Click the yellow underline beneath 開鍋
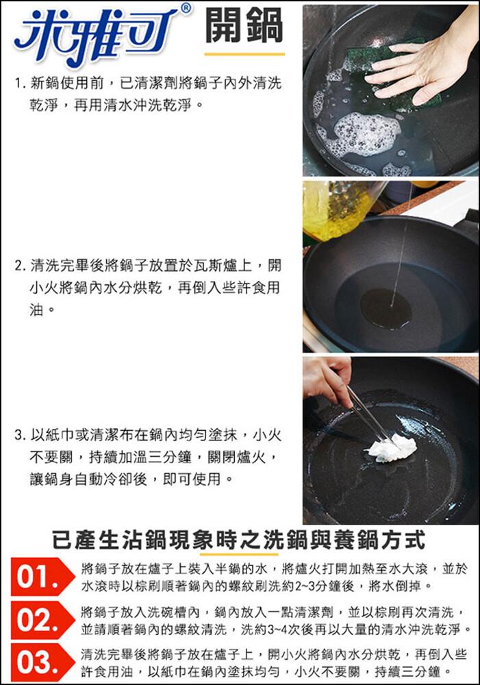244,54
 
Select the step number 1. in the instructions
21,83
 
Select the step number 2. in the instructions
21,266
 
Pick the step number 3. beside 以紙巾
21,435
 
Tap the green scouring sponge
384,74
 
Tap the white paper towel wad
392,447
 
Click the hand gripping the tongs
327,379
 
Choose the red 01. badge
42,577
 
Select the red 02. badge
42,620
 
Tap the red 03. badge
42,662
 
